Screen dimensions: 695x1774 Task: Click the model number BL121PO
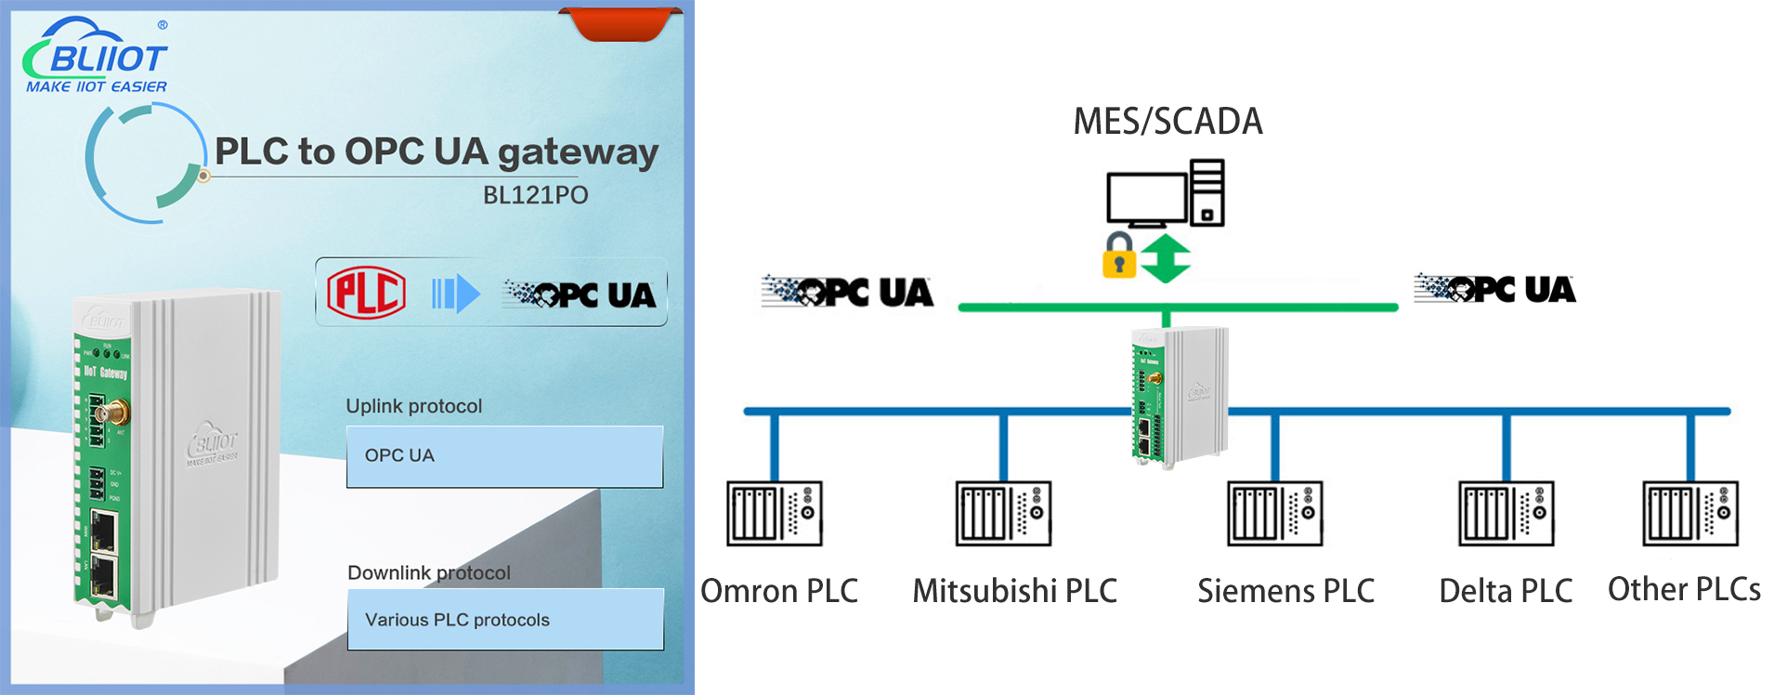[535, 195]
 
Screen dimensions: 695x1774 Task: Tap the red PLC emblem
[366, 293]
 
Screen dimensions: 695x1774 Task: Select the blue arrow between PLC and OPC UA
[456, 295]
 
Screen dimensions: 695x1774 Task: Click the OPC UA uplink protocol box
[504, 456]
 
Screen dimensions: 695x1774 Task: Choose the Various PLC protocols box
[505, 620]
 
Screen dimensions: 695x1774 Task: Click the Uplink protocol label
[413, 406]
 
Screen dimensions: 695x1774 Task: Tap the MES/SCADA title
[1167, 122]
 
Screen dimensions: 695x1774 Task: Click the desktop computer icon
[1165, 194]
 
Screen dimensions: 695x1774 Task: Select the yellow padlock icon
[1119, 257]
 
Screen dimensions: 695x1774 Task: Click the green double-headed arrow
[1165, 258]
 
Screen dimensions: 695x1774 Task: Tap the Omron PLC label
[779, 591]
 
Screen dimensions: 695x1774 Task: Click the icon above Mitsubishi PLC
[1003, 513]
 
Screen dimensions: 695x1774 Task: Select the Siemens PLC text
[1285, 591]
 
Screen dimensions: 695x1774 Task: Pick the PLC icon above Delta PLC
[1506, 513]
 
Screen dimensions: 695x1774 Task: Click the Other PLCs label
[1684, 589]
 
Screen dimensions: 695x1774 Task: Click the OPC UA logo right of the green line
[1494, 289]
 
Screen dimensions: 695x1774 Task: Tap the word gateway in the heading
[578, 152]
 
